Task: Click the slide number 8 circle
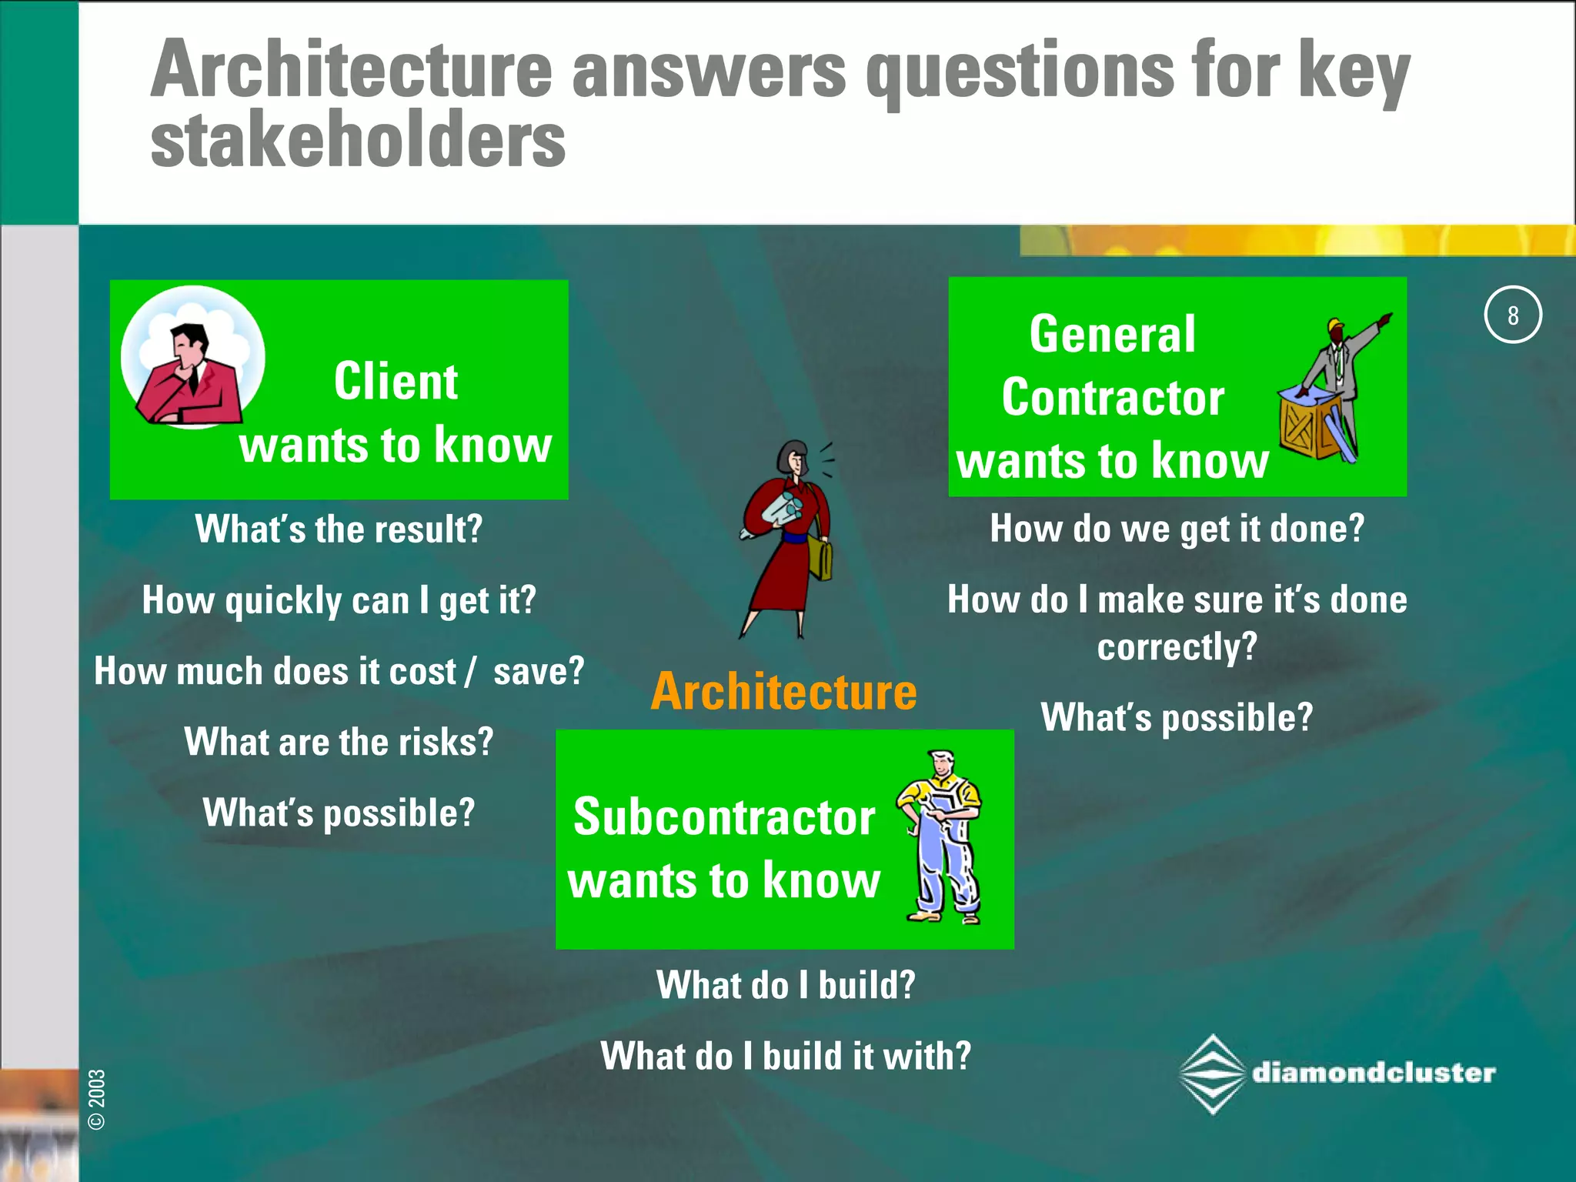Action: [1512, 315]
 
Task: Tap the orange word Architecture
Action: [783, 691]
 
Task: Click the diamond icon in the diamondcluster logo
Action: [1213, 1073]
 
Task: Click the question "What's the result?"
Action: [339, 529]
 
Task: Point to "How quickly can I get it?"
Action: [339, 600]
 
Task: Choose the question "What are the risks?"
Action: [339, 742]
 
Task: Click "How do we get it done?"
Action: [1177, 529]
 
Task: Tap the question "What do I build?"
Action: [786, 984]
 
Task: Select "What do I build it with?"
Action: [786, 1055]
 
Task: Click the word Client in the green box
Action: [396, 382]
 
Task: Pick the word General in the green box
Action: [1112, 335]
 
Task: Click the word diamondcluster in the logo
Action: [1374, 1073]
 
